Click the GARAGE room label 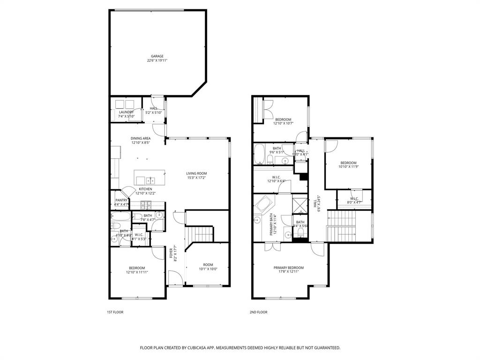pyautogui.click(x=157, y=56)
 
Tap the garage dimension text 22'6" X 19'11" pyautogui.click(x=157, y=60)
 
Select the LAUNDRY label pyautogui.click(x=126, y=112)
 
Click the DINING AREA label pyautogui.click(x=141, y=138)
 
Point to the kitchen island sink pyautogui.click(x=150, y=180)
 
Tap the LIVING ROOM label pyautogui.click(x=196, y=173)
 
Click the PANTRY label pyautogui.click(x=121, y=200)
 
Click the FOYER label pyautogui.click(x=171, y=253)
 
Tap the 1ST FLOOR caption pyautogui.click(x=115, y=312)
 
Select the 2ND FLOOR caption pyautogui.click(x=258, y=312)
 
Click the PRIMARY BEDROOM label pyautogui.click(x=289, y=268)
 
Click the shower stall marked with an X pyautogui.click(x=299, y=205)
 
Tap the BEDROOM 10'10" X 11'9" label pyautogui.click(x=348, y=163)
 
